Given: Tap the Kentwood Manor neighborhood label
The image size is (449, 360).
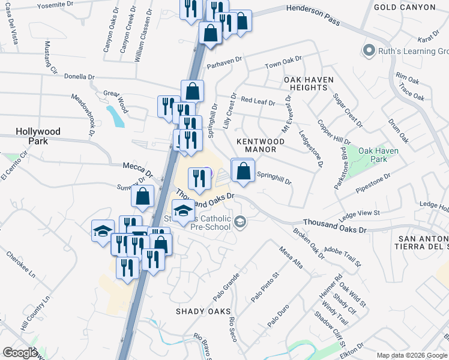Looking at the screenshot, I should click(x=256, y=145).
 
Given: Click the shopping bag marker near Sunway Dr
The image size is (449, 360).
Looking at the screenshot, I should click(x=143, y=196).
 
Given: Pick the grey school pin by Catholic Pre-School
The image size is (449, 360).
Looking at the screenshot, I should click(x=241, y=223).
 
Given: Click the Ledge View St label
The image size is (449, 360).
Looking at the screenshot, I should click(x=360, y=214).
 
